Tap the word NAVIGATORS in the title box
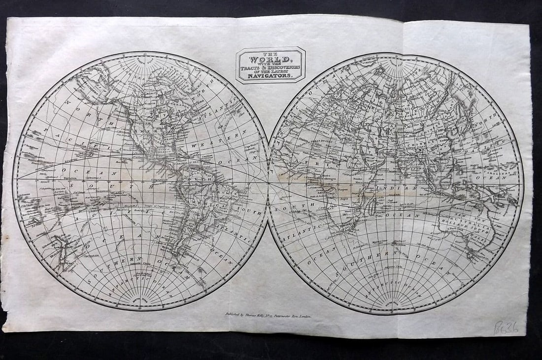[270, 76]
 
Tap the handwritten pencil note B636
[507, 327]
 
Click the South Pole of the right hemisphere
[395, 302]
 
